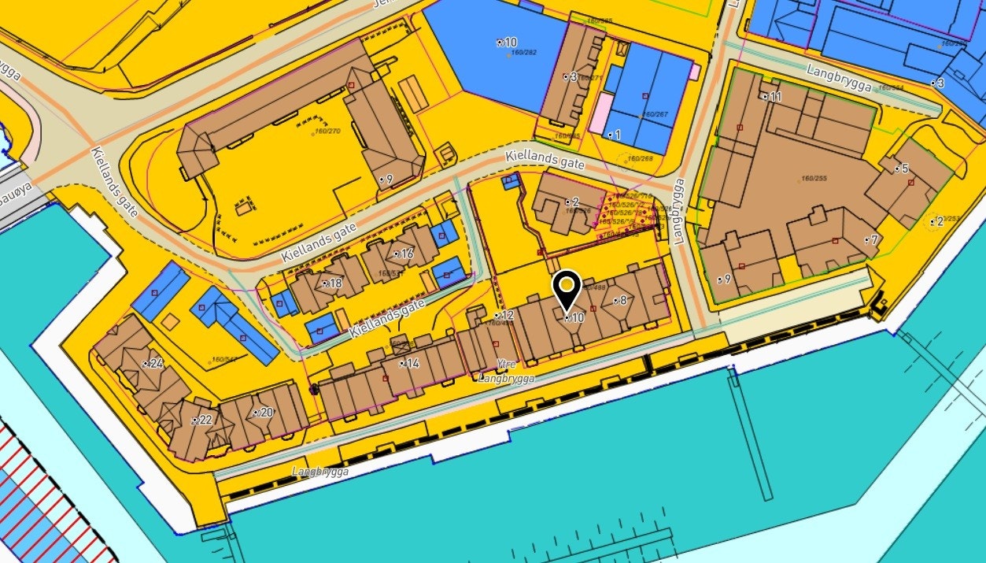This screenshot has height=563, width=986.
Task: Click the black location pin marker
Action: [567, 288]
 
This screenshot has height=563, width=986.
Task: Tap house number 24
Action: [156, 363]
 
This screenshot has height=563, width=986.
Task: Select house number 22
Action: [205, 420]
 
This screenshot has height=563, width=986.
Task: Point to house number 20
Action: [266, 412]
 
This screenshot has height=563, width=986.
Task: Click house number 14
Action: [412, 363]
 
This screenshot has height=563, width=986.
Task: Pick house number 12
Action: [506, 316]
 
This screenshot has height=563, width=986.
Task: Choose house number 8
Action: [622, 299]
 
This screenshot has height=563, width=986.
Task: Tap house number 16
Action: [406, 254]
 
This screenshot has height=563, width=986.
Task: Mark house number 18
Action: [334, 283]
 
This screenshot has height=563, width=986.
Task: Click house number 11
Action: [775, 97]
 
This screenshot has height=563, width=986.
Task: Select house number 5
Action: [904, 169]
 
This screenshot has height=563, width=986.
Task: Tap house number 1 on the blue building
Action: [617, 135]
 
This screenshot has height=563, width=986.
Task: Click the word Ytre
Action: [507, 364]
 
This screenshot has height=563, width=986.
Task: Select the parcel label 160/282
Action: [523, 53]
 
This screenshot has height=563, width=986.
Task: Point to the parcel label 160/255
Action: [814, 179]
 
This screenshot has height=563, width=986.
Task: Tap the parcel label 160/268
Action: [641, 158]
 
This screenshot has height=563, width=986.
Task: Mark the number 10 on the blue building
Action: [510, 42]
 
